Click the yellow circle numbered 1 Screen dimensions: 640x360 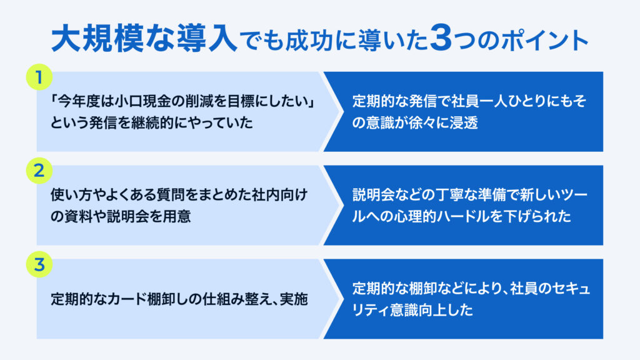click(x=39, y=77)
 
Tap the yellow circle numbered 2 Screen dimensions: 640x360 click(x=39, y=171)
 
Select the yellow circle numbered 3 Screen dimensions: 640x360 click(x=39, y=264)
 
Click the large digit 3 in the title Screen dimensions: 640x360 click(x=441, y=38)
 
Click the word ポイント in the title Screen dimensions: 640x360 click(x=544, y=40)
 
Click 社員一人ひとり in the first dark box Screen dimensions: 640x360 click(x=499, y=101)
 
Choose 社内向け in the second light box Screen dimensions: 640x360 click(x=279, y=195)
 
